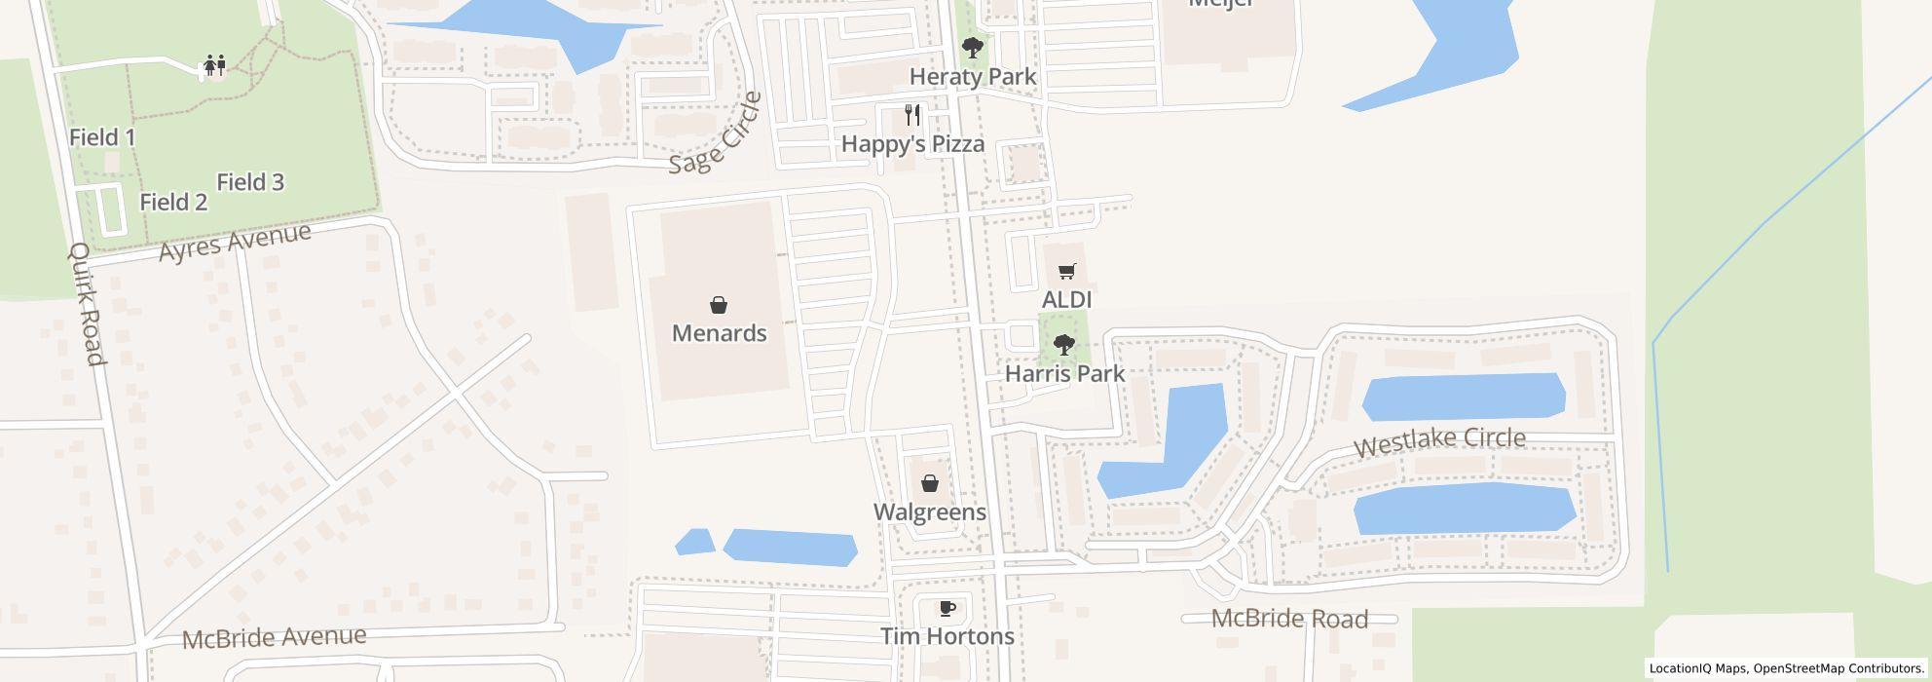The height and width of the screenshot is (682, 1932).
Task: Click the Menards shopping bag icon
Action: (719, 305)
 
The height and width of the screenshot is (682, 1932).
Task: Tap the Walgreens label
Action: (929, 511)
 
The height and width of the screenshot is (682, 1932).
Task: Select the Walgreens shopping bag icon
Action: (929, 482)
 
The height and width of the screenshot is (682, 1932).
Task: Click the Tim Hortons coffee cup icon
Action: (947, 609)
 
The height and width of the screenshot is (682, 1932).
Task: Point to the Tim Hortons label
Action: (947, 636)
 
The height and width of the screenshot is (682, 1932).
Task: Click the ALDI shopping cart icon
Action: (1067, 271)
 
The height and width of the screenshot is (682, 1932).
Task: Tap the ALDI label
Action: (1067, 298)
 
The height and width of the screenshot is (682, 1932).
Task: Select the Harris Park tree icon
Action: (1064, 344)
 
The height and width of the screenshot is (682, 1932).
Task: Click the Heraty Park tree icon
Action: (972, 47)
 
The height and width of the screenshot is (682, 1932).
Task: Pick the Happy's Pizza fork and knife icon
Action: (912, 115)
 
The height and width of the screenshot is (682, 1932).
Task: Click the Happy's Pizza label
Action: (912, 143)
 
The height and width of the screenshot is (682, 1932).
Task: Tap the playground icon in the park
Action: (214, 65)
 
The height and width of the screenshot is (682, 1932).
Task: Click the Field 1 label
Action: (102, 137)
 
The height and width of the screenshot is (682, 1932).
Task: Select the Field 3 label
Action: (250, 181)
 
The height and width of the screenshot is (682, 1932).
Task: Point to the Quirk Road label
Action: (86, 304)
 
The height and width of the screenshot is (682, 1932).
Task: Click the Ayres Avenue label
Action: (235, 241)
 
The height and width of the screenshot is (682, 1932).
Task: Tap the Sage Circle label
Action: (716, 133)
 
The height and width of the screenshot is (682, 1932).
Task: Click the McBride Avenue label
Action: (275, 637)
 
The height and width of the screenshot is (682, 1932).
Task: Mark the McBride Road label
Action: (1289, 619)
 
